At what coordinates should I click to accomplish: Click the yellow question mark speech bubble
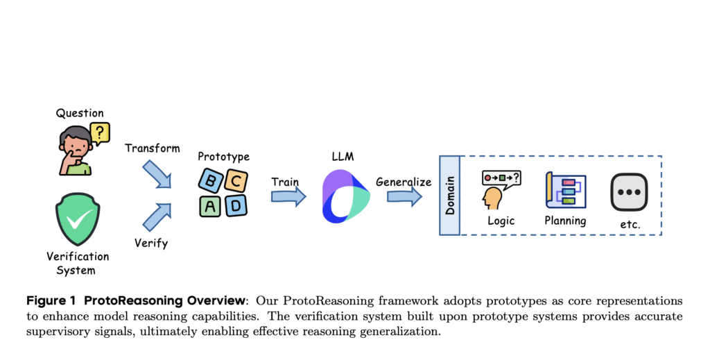coord(100,132)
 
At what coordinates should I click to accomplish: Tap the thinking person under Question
coord(76,151)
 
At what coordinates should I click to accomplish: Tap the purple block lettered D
coord(236,205)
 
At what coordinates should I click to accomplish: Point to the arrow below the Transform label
coord(156,174)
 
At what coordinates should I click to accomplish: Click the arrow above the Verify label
coord(156,216)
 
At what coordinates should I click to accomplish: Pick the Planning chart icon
coord(566,189)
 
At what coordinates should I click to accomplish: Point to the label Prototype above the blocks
coord(223,157)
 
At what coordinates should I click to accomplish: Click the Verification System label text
coord(77,263)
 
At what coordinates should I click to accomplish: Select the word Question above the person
coord(80,113)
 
